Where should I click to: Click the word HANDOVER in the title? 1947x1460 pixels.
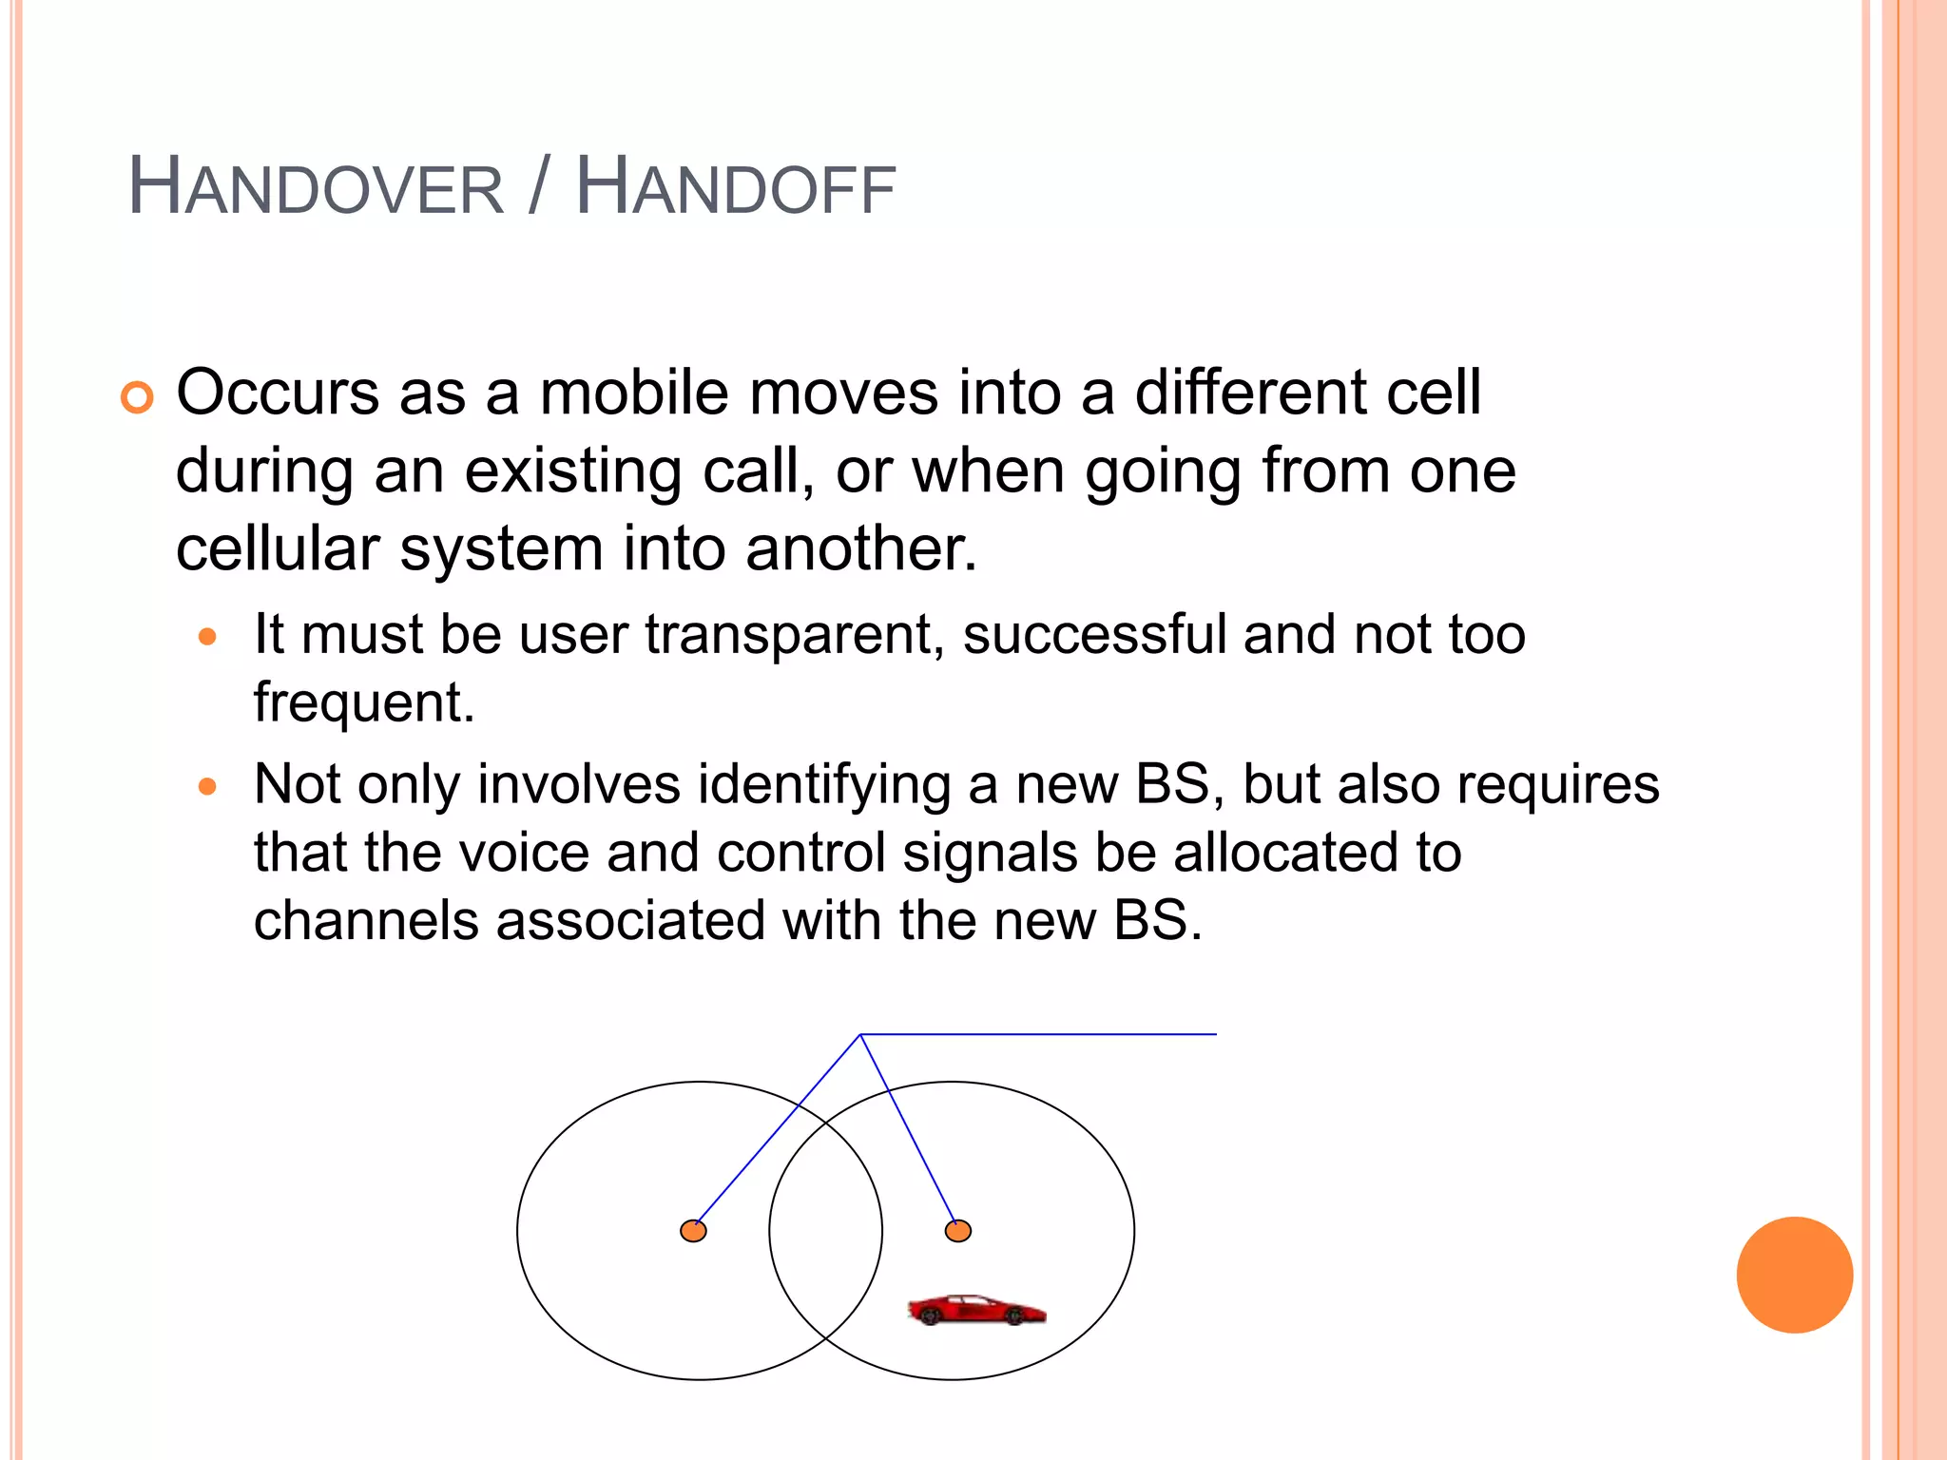pos(316,187)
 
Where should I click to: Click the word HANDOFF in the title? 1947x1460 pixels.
pos(736,187)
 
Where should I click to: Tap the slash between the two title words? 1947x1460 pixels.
pos(538,187)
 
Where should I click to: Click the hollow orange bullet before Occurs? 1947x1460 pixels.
pos(137,397)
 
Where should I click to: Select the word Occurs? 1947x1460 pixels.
pos(278,393)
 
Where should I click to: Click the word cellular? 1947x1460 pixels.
pos(278,549)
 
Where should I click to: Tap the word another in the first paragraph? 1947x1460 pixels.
pos(860,549)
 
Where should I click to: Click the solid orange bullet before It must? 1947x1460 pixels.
pos(208,637)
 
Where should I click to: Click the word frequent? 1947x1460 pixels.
pos(363,703)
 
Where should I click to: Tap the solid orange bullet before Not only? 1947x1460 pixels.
pos(208,787)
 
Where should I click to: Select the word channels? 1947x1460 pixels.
pos(366,921)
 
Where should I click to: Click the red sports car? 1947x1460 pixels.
pos(976,1310)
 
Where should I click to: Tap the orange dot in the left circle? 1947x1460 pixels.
pos(694,1231)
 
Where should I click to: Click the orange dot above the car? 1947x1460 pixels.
pos(958,1231)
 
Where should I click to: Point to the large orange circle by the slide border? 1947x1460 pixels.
pos(1794,1275)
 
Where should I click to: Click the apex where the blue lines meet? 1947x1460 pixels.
pos(860,1034)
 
